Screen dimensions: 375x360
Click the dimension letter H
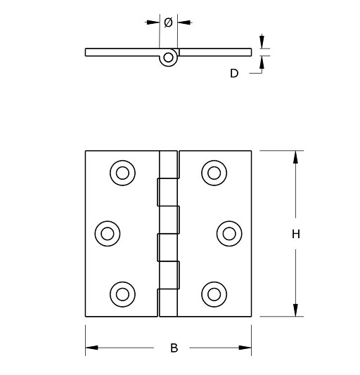pos(296,235)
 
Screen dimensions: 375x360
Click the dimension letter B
pos(174,348)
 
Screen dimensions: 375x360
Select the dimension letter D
pos(234,72)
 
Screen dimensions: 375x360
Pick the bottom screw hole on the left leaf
pos(122,293)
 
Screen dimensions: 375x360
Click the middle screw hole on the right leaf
pos(229,233)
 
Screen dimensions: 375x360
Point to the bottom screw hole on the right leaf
pos(213,293)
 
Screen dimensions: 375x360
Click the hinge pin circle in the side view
pos(168,58)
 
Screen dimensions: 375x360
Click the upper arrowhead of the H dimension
pos(296,157)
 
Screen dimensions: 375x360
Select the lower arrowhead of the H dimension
pos(296,310)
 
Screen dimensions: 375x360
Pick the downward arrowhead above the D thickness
pos(262,42)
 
